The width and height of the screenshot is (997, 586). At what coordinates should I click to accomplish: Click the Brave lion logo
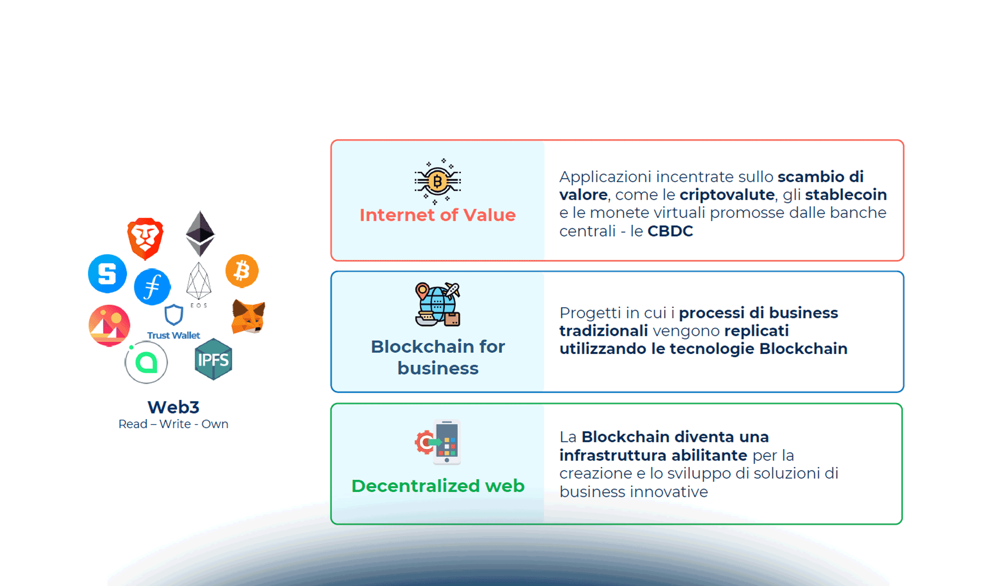click(x=145, y=238)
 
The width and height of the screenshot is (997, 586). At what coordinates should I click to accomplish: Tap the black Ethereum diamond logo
click(x=200, y=233)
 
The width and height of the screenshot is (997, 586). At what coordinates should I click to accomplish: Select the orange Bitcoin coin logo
click(x=242, y=271)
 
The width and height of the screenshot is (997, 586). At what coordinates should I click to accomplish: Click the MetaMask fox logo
click(x=248, y=316)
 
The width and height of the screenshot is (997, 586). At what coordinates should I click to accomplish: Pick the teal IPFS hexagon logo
click(x=213, y=359)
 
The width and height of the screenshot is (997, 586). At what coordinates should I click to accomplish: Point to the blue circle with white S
click(x=108, y=273)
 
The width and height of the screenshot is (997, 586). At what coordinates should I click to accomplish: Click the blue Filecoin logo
click(x=152, y=287)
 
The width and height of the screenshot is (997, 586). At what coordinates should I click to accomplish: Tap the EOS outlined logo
click(x=199, y=283)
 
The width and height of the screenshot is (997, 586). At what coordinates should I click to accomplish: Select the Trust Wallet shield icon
click(x=173, y=315)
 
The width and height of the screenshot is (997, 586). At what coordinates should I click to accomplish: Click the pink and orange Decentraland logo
click(x=109, y=325)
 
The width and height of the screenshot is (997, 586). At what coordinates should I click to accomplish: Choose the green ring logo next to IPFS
click(x=146, y=362)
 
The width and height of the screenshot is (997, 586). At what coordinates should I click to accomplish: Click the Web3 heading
click(x=173, y=407)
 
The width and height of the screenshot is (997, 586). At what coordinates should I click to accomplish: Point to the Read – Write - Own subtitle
click(x=173, y=424)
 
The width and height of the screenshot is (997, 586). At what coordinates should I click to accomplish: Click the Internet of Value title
click(x=437, y=215)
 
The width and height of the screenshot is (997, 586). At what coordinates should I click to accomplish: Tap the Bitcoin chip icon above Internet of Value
click(x=437, y=181)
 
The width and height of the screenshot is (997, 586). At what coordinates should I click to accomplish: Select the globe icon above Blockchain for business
click(x=437, y=304)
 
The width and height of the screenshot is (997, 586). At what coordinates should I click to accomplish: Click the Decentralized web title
click(x=437, y=486)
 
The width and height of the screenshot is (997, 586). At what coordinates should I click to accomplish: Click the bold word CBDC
click(x=670, y=231)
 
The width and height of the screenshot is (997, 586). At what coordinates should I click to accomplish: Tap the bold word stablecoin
click(x=845, y=195)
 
